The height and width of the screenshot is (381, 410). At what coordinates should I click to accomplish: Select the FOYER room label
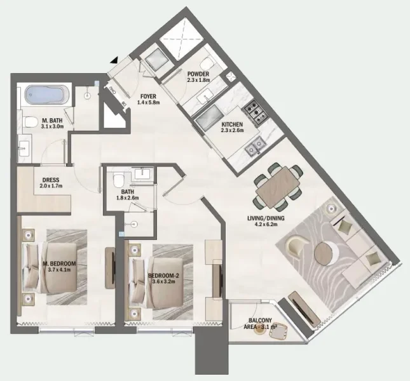click(149, 97)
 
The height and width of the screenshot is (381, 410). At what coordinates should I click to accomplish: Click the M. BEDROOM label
click(59, 264)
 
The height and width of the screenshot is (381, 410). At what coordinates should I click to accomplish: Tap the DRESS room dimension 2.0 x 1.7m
click(51, 187)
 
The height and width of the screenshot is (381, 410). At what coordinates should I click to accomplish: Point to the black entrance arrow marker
click(114, 59)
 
